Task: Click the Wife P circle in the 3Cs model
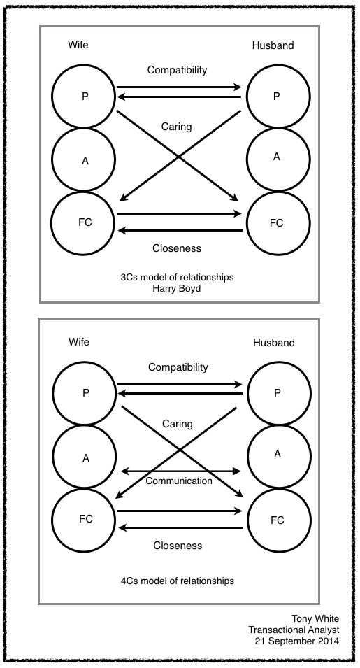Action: pyautogui.click(x=84, y=97)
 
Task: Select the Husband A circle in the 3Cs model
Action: pyautogui.click(x=276, y=158)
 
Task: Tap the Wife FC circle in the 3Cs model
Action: pyautogui.click(x=84, y=222)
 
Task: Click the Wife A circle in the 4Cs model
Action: pyautogui.click(x=85, y=458)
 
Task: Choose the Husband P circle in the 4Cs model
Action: pyautogui.click(x=276, y=393)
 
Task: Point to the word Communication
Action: pyautogui.click(x=179, y=481)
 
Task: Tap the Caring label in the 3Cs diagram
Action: pyautogui.click(x=177, y=128)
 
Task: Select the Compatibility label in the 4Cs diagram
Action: pyautogui.click(x=178, y=367)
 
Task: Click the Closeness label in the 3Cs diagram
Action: pyautogui.click(x=178, y=248)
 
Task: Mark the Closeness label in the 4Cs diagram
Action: pyautogui.click(x=178, y=546)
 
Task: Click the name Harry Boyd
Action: pyautogui.click(x=178, y=289)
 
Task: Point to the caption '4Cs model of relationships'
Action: pyautogui.click(x=178, y=581)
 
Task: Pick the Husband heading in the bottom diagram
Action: pyautogui.click(x=273, y=343)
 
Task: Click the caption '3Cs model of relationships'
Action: pyautogui.click(x=178, y=278)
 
